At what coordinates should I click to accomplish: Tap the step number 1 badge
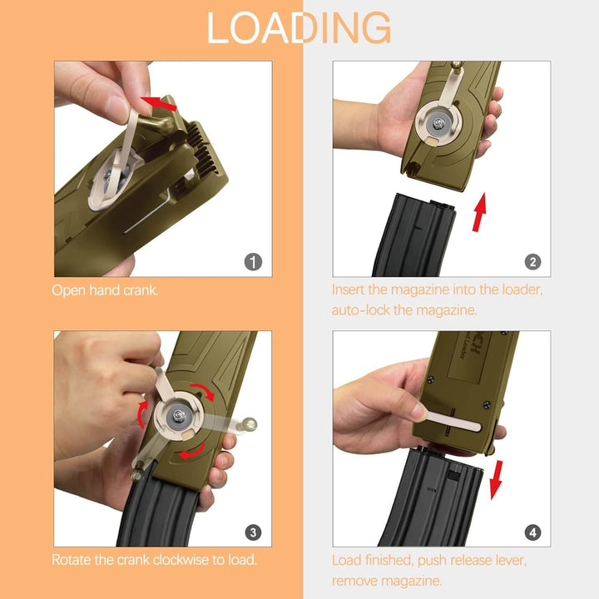255,261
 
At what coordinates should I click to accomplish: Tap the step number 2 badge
533,261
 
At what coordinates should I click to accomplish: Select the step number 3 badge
255,532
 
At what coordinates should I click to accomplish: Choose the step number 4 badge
533,532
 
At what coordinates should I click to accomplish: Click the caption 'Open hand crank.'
105,290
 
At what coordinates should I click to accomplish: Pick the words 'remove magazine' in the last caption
387,581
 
